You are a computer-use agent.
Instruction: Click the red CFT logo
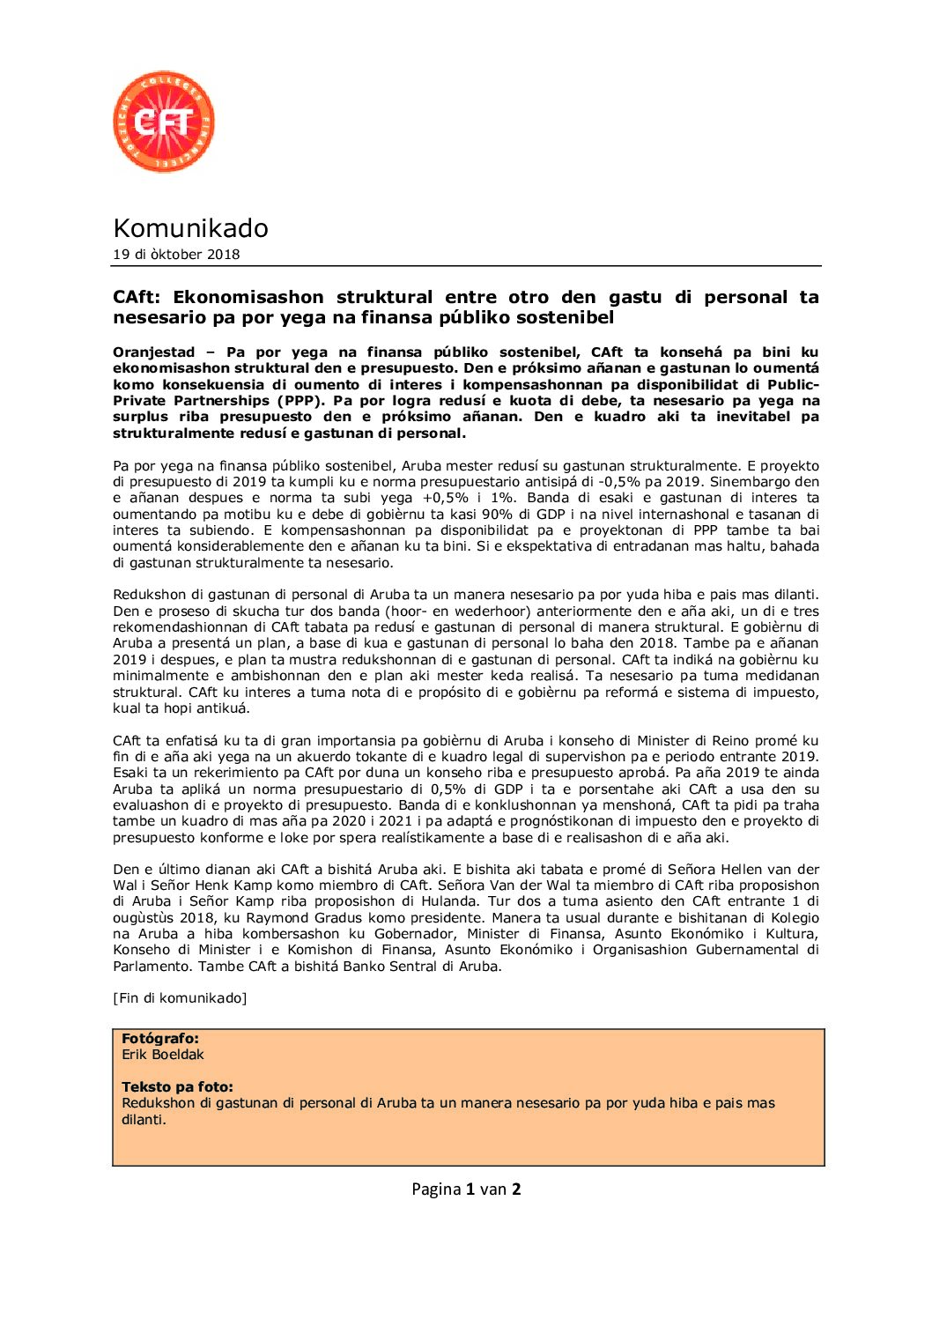pos(164,122)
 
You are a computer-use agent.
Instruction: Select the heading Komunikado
pos(190,228)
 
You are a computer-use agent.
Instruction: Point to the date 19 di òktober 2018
pos(176,255)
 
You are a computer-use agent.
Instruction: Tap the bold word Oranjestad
pos(154,352)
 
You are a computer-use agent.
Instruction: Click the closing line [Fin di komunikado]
pos(180,998)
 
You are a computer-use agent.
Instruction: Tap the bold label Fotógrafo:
pos(160,1039)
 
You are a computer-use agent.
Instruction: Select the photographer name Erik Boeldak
pos(163,1055)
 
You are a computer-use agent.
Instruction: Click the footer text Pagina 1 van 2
pos(466,1189)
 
